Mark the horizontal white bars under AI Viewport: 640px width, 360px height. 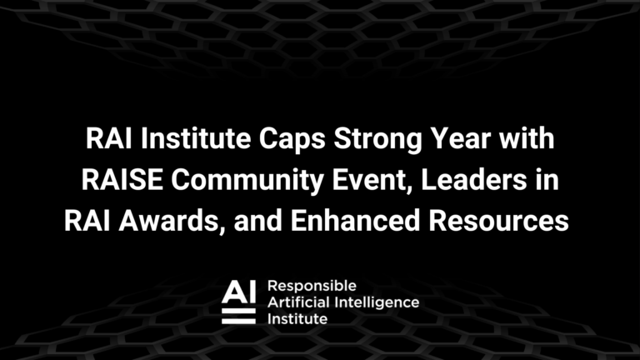point(239,316)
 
